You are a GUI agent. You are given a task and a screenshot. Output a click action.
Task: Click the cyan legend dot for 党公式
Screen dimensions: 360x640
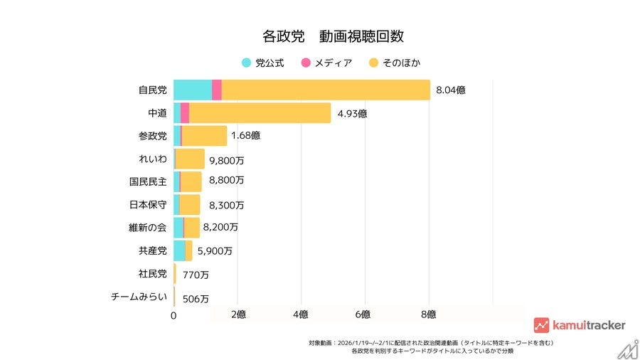pyautogui.click(x=246, y=63)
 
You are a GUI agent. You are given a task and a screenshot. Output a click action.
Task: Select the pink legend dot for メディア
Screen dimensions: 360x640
pyautogui.click(x=306, y=63)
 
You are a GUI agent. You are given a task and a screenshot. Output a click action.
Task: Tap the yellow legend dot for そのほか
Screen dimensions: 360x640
pyautogui.click(x=373, y=63)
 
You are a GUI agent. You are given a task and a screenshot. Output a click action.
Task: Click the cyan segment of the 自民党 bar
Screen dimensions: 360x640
pyautogui.click(x=192, y=90)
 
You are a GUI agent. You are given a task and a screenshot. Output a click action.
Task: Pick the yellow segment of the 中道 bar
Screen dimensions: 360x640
pyautogui.click(x=260, y=112)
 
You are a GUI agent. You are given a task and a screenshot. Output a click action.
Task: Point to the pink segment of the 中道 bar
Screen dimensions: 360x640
pyautogui.click(x=184, y=112)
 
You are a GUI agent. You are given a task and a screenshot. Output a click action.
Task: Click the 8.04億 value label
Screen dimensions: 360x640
pyautogui.click(x=451, y=90)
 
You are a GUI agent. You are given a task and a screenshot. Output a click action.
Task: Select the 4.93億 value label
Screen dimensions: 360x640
pyautogui.click(x=352, y=113)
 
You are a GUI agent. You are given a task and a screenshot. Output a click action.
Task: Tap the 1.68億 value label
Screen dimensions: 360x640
pyautogui.click(x=246, y=136)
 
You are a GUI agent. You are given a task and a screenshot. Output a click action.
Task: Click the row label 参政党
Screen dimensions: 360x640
pyautogui.click(x=153, y=136)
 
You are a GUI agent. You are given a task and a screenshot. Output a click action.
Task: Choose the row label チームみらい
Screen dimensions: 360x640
pyautogui.click(x=139, y=297)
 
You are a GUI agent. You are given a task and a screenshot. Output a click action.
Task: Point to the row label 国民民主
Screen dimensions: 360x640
pyautogui.click(x=148, y=181)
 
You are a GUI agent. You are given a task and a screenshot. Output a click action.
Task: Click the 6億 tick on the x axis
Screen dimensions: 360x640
pyautogui.click(x=363, y=314)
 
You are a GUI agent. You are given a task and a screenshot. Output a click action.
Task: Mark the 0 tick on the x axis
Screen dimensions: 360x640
pyautogui.click(x=174, y=314)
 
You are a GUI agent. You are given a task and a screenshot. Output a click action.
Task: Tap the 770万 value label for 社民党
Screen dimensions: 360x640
pyautogui.click(x=195, y=274)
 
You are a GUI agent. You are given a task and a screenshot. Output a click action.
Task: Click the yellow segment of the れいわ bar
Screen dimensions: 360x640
pyautogui.click(x=190, y=159)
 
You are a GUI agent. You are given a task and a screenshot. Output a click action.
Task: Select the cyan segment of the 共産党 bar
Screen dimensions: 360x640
pyautogui.click(x=179, y=250)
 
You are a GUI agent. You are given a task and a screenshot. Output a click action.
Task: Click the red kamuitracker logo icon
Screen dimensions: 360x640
pyautogui.click(x=541, y=325)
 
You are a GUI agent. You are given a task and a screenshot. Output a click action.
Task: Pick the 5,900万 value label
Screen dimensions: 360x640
pyautogui.click(x=215, y=250)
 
